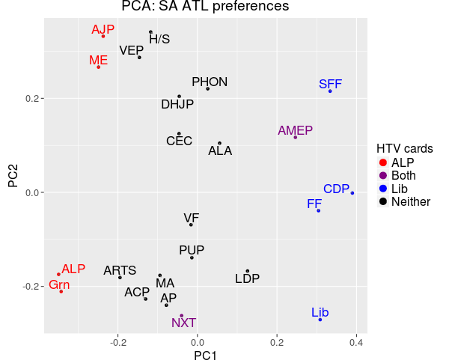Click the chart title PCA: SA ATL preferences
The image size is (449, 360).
(205, 7)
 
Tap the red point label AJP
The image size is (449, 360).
(103, 30)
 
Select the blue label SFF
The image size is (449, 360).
(330, 84)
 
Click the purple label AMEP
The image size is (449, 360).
(295, 130)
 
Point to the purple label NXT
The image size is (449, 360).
(183, 323)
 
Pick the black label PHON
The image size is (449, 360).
(210, 82)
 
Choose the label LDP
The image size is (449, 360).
(248, 279)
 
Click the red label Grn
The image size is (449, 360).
(59, 284)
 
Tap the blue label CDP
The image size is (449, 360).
(337, 189)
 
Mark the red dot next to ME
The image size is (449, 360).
(98, 67)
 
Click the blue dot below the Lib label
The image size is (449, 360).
(320, 320)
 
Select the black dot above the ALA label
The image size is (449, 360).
(219, 143)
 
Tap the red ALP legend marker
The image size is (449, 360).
(382, 162)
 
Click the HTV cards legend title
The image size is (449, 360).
(404, 148)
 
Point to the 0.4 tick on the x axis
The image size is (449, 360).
(356, 343)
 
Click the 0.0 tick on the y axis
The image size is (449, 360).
(33, 192)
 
